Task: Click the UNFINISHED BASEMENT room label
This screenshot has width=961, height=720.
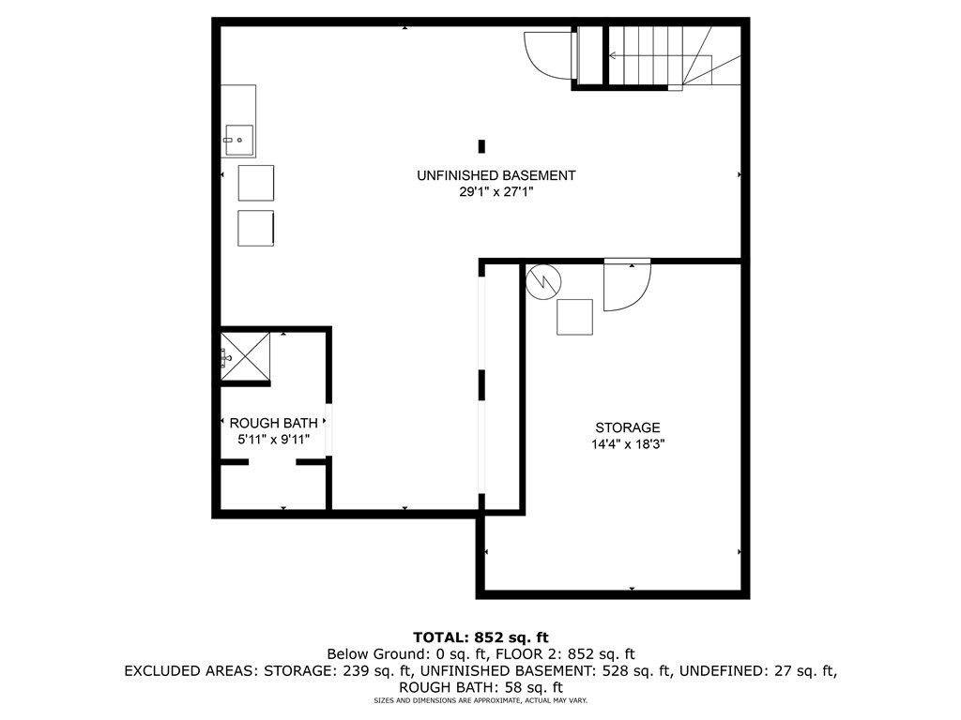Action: coord(496,175)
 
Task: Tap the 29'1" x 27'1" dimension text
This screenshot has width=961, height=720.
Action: coord(496,192)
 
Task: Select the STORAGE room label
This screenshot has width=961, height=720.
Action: coord(627,427)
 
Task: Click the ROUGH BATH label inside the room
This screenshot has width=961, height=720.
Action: coord(267,423)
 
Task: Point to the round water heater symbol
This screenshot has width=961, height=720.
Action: coord(542,281)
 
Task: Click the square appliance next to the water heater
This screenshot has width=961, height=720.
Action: coord(574,317)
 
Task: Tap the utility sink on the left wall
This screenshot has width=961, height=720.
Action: coord(238,141)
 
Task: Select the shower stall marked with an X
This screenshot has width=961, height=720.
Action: coord(246,356)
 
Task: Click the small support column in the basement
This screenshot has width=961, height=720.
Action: coord(481,146)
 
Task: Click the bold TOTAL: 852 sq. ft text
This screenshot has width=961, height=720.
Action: coord(480,637)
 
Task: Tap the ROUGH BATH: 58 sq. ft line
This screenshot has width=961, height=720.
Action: coord(480,686)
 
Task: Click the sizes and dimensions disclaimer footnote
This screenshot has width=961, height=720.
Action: coord(480,700)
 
